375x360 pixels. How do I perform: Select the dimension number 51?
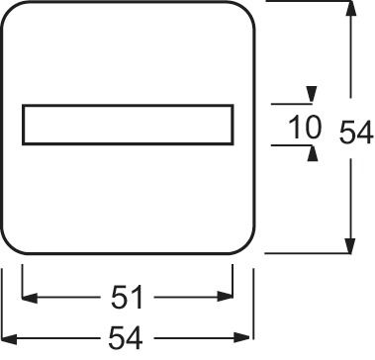click(x=127, y=297)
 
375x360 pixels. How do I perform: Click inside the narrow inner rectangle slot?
click(x=127, y=126)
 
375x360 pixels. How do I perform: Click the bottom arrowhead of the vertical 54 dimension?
click(x=349, y=247)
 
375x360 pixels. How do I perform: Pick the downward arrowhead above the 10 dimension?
click(x=312, y=95)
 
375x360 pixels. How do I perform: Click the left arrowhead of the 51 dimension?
click(x=28, y=297)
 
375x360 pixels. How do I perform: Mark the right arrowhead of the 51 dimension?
click(x=227, y=297)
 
